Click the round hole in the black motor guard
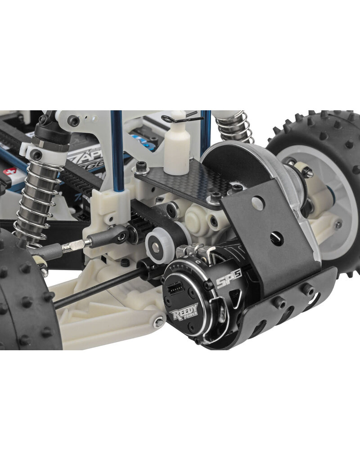(257, 203)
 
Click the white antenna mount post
(177, 151)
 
